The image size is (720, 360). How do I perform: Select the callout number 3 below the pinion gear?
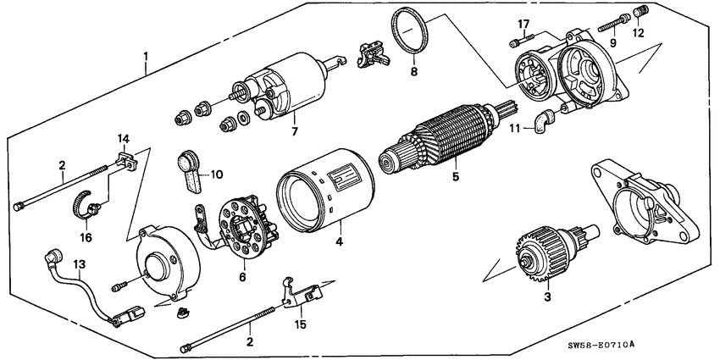[548, 296]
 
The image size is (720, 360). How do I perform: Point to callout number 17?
[523, 23]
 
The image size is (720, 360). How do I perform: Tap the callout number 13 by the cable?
[78, 265]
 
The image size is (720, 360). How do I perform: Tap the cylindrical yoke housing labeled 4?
[326, 191]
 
